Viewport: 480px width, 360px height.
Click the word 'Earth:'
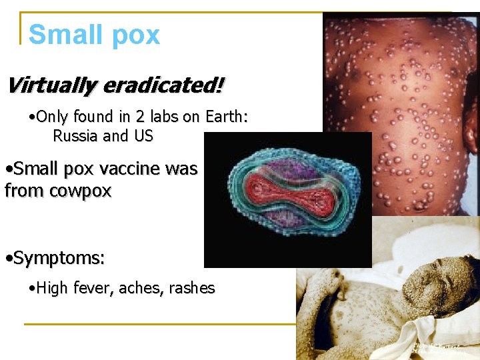tap(225, 117)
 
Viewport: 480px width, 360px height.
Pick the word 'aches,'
tap(141, 289)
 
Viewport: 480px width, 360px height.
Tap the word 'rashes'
tap(192, 289)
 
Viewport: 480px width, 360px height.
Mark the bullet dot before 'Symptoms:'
tap(7, 257)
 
